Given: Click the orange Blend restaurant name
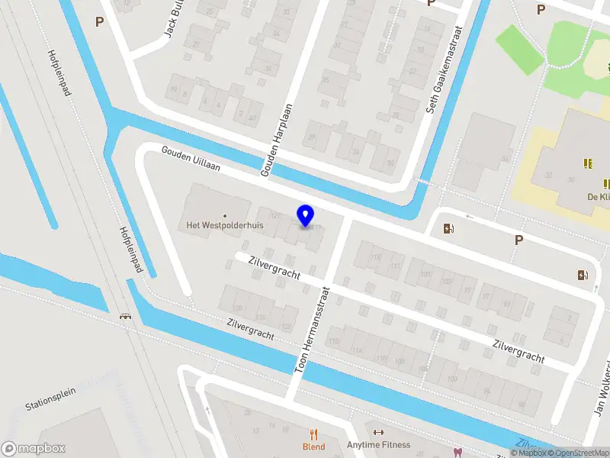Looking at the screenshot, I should click(313, 447).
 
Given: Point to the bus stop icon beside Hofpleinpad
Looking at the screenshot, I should click(125, 316).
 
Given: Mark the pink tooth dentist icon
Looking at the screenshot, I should click(458, 452).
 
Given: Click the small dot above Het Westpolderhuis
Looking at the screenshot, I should click(224, 215).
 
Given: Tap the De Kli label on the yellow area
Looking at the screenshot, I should click(597, 195).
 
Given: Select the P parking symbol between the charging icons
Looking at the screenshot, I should click(518, 240).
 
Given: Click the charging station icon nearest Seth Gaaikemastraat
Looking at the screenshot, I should click(449, 228).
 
